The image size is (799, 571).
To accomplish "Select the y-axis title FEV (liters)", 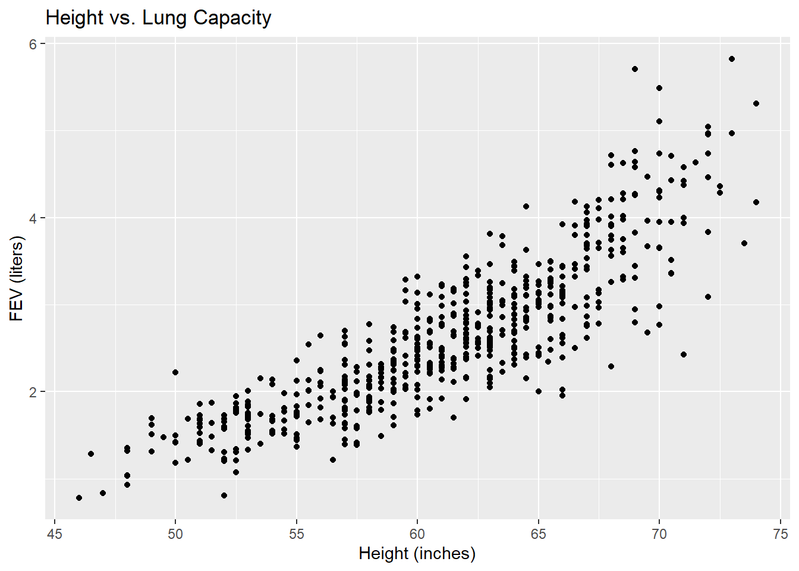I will [x=17, y=278].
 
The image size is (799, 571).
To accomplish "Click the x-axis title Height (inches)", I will [x=417, y=554].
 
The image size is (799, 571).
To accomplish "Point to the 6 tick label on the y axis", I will [x=33, y=45].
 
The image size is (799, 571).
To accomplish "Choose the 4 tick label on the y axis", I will [x=33, y=218].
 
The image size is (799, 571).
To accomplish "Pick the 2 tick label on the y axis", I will [x=33, y=392].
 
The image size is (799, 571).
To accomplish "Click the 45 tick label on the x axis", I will [x=54, y=534].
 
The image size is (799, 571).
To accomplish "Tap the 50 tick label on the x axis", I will [x=175, y=534].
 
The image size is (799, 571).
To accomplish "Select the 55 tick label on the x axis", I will [x=296, y=534].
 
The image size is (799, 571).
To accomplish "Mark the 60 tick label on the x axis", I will [x=417, y=534].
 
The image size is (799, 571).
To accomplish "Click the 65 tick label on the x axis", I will [x=538, y=534].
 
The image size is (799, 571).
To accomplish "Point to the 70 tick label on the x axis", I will [x=659, y=534].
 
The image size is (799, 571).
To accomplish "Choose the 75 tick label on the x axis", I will [x=780, y=534].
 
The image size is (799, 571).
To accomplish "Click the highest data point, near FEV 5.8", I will [x=732, y=59].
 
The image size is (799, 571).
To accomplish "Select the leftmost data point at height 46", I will [x=79, y=498].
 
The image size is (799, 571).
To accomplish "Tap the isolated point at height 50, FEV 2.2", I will [x=175, y=372].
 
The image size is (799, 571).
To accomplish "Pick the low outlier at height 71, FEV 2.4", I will [x=684, y=354].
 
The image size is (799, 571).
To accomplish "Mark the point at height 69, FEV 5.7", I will [x=635, y=69].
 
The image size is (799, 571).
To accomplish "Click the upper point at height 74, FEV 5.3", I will [x=756, y=103].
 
